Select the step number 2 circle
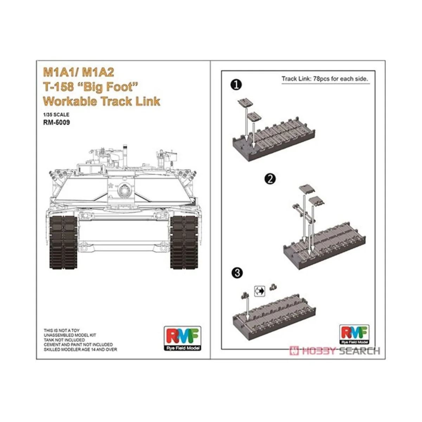[x=270, y=179]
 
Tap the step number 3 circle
[x=237, y=273]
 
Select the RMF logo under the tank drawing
[x=183, y=338]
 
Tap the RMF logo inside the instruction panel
[x=354, y=334]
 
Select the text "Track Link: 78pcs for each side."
[x=325, y=79]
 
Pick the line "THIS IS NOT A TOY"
[x=62, y=331]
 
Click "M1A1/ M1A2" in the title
[x=78, y=72]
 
